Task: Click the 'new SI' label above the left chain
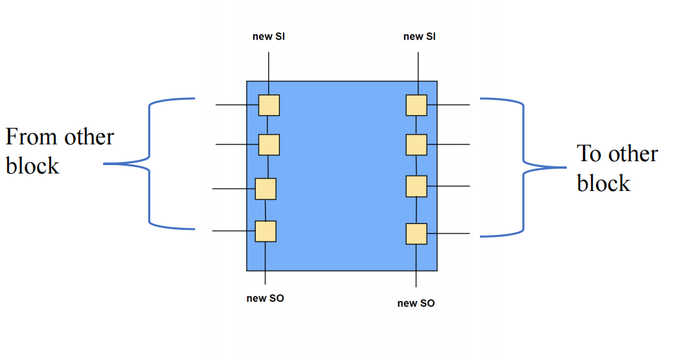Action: tap(269, 37)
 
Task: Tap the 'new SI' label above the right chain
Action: tap(420, 37)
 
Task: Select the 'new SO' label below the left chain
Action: tap(265, 298)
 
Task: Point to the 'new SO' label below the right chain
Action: tap(416, 303)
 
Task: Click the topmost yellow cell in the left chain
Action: tap(269, 105)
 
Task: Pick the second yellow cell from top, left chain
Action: tap(269, 144)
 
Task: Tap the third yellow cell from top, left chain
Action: tap(266, 189)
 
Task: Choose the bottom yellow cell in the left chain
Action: tap(266, 231)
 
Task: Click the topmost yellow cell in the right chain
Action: tap(416, 105)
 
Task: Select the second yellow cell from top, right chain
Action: tap(416, 144)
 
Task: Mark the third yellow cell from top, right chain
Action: tap(416, 186)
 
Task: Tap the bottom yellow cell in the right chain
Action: tap(416, 234)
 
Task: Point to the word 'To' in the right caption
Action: tap(589, 154)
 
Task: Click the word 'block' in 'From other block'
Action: tap(32, 166)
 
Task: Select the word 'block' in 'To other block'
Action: tap(604, 183)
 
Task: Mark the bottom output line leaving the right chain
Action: tap(448, 234)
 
